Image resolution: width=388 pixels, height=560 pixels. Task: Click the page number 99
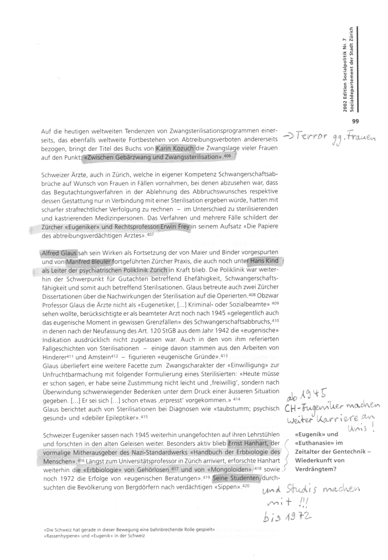point(355,121)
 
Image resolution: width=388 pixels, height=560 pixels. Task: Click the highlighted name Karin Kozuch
point(174,148)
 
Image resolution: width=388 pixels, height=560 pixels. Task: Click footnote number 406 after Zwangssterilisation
point(227,155)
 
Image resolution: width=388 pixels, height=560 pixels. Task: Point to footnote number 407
point(150,235)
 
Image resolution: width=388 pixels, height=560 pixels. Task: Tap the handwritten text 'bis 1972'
point(288,517)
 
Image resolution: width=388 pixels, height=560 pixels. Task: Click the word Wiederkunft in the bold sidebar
point(314,460)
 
